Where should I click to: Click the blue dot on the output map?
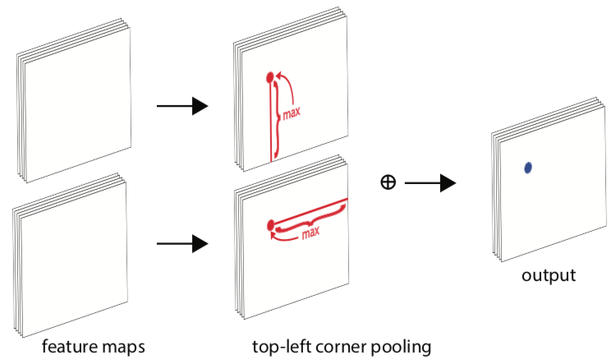pos(528,168)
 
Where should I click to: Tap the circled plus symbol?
pos(388,182)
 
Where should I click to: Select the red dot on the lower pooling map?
pos(269,225)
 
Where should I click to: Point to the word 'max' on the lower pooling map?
pos(310,233)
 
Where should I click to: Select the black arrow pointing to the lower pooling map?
pos(182,243)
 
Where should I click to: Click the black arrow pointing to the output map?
pos(430,182)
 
